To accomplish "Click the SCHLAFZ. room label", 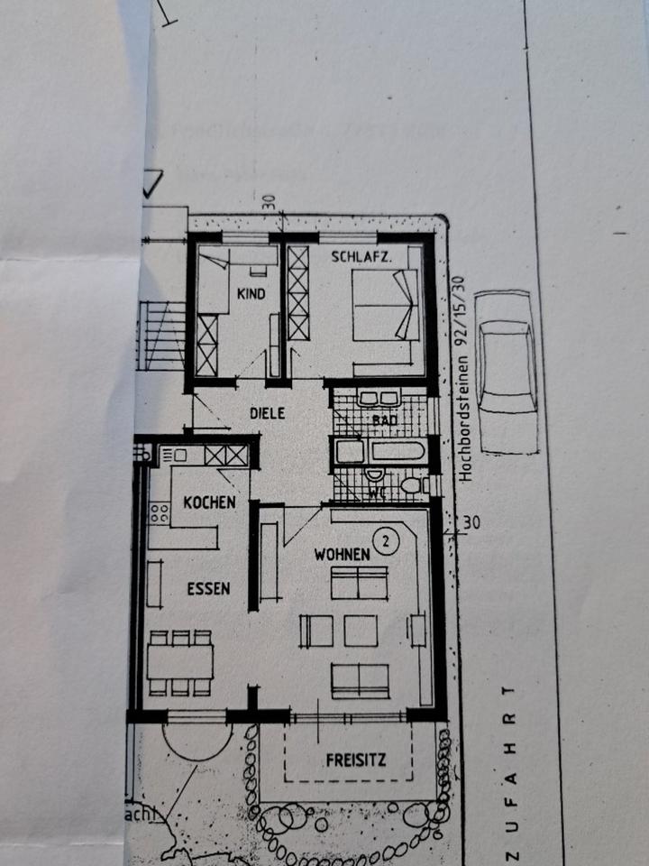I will coord(361,257).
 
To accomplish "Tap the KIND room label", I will coord(252,294).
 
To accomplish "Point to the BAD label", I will coord(385,420).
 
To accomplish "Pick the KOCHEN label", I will coord(209,502).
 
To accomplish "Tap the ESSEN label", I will coord(208,588).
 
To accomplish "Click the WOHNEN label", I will coord(342,554).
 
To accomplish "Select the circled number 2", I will coord(386,541).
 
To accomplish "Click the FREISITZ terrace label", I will coord(356,760).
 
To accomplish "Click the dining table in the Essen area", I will coord(179,661).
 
